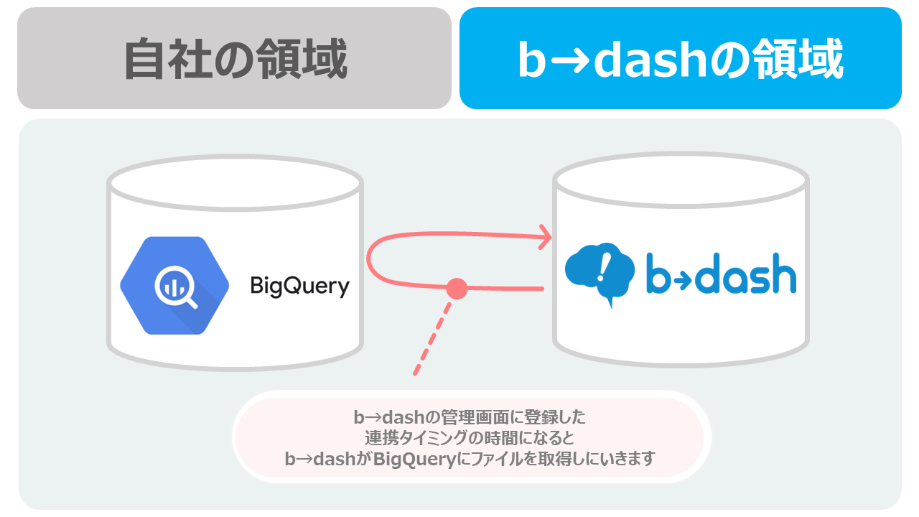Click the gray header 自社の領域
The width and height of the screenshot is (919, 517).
(234, 58)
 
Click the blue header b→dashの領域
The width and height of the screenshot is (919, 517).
(681, 58)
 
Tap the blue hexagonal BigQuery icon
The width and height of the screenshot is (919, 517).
(174, 286)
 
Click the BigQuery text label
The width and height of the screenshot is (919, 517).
(300, 286)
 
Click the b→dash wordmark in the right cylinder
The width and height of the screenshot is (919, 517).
(722, 274)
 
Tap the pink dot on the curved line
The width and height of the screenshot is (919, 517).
(457, 289)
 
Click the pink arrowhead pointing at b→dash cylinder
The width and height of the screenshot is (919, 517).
(545, 237)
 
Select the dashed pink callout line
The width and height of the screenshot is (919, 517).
(433, 338)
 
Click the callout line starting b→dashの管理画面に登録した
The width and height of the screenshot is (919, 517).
(470, 417)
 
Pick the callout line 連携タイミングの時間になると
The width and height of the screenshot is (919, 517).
(470, 438)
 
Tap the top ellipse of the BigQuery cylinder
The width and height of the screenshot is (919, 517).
(235, 183)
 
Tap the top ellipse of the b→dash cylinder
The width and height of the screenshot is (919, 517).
(681, 180)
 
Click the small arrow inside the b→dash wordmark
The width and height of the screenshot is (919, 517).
(684, 279)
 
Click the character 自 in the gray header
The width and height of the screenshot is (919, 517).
(145, 59)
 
